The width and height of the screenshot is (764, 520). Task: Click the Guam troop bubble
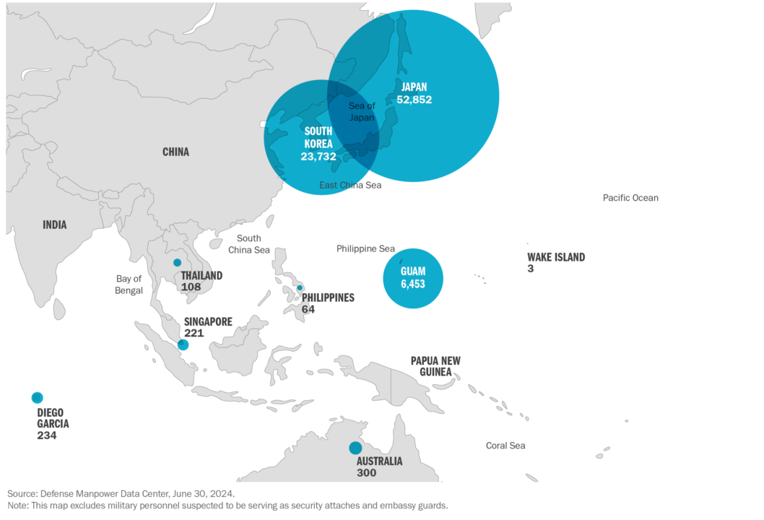click(413, 278)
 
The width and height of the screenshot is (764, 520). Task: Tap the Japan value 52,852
click(414, 100)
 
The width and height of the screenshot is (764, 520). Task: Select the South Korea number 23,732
click(318, 156)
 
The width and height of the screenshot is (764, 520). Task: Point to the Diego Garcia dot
click(38, 397)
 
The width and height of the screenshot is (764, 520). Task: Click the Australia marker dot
click(355, 448)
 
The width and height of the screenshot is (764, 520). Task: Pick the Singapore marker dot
click(183, 345)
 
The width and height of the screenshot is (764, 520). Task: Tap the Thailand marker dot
click(177, 262)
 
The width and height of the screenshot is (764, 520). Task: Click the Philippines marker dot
click(300, 287)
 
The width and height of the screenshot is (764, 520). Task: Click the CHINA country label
click(175, 152)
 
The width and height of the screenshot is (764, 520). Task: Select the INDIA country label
click(54, 225)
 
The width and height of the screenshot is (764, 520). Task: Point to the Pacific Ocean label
click(630, 198)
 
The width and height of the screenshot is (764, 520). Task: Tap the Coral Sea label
click(505, 446)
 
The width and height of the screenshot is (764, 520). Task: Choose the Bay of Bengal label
click(129, 284)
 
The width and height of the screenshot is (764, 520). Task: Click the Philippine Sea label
click(366, 248)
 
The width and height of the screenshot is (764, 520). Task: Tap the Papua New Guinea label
click(435, 366)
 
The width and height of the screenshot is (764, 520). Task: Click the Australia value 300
click(366, 472)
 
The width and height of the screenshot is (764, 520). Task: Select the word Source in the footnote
click(19, 493)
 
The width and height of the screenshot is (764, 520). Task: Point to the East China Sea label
click(350, 186)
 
